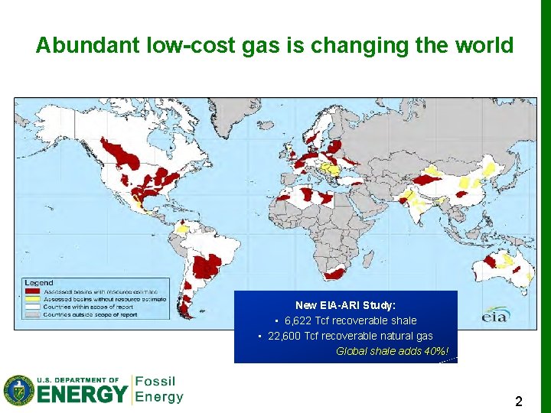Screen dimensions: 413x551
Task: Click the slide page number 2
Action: click(518, 402)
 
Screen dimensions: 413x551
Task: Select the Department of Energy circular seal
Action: click(18, 390)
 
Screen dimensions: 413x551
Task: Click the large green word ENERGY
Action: click(83, 395)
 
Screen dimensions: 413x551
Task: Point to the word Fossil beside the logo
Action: click(155, 382)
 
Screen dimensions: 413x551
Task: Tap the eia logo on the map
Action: click(494, 314)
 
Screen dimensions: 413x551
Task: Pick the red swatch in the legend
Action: click(33, 291)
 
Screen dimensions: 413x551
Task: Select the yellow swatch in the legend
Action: click(33, 299)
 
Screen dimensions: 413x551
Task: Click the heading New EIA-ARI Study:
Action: click(345, 305)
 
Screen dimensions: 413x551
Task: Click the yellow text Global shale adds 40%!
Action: click(393, 351)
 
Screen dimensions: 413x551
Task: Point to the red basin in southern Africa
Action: click(336, 272)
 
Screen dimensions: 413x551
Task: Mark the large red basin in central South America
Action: click(206, 266)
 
